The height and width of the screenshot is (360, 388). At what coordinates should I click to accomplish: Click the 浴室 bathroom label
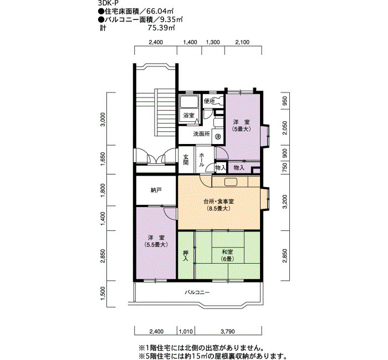pyautogui.click(x=189, y=115)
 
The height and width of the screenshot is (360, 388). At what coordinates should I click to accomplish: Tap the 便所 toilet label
pyautogui.click(x=209, y=101)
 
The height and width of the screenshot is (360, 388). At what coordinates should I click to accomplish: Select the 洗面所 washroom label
pyautogui.click(x=201, y=134)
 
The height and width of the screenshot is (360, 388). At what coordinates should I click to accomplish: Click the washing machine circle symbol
pyautogui.click(x=218, y=136)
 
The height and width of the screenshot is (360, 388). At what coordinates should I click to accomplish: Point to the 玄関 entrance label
pyautogui.click(x=186, y=160)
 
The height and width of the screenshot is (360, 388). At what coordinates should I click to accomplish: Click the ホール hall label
pyautogui.click(x=202, y=160)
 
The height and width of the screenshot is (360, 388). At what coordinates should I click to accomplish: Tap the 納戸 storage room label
pyautogui.click(x=156, y=190)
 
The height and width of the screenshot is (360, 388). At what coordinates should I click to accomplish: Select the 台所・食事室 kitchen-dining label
pyautogui.click(x=218, y=202)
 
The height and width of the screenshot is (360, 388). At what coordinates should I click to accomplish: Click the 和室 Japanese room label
pyautogui.click(x=227, y=252)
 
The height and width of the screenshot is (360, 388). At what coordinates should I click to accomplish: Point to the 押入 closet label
pyautogui.click(x=186, y=256)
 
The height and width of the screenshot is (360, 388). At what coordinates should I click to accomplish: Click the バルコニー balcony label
pyautogui.click(x=197, y=292)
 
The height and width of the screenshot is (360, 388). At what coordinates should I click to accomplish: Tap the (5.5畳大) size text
pyautogui.click(x=156, y=245)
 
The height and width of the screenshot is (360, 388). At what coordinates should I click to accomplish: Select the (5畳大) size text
pyautogui.click(x=242, y=129)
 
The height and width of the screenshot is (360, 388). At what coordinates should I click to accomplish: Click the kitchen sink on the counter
pyautogui.click(x=231, y=182)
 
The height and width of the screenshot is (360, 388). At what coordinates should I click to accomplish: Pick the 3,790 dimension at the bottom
pyautogui.click(x=228, y=331)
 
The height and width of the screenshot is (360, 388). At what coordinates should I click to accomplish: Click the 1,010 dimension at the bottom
pyautogui.click(x=186, y=331)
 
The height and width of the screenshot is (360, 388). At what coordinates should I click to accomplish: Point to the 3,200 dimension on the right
pyautogui.click(x=285, y=202)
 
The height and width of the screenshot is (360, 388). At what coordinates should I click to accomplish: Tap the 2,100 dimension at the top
pyautogui.click(x=242, y=42)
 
